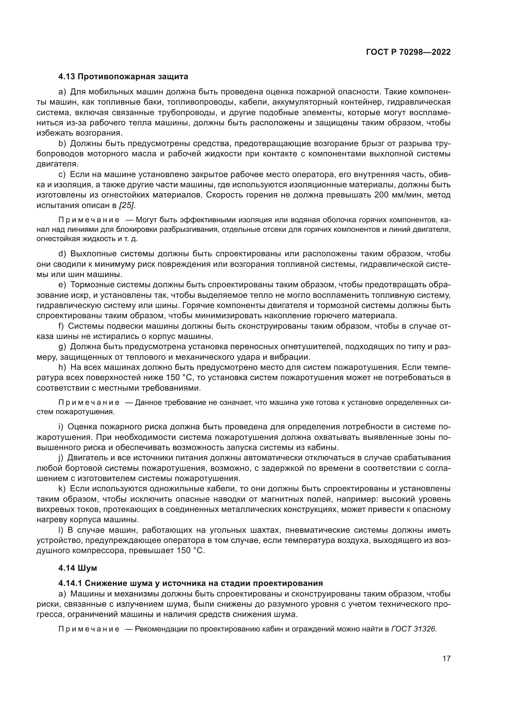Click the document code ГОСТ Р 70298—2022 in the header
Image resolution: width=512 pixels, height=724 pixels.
coord(408,52)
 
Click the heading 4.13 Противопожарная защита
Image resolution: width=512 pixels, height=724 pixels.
coord(123,77)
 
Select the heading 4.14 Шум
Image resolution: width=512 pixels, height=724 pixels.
coord(78,568)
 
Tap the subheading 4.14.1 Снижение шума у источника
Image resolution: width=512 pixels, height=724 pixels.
coord(190,583)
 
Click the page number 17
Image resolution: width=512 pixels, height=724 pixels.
coord(446,658)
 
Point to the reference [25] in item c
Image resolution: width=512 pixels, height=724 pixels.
coord(126,205)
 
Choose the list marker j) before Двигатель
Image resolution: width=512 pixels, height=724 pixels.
coord(61,457)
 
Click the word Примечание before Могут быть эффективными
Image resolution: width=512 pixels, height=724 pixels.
coord(89,220)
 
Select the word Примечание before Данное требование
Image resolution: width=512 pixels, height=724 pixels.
coord(89,403)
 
